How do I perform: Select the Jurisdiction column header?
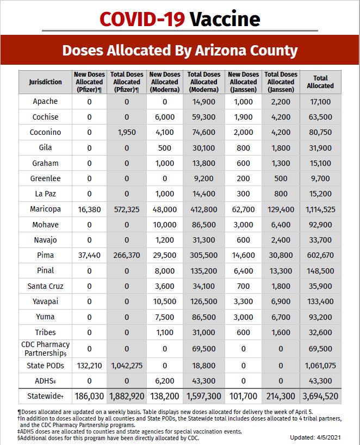pyautogui.click(x=45, y=82)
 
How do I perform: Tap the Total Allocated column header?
pyautogui.click(x=320, y=82)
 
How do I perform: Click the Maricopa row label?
pyautogui.click(x=46, y=209)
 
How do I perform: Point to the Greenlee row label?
pyautogui.click(x=46, y=178)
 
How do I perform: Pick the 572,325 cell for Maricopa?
pyautogui.click(x=127, y=209)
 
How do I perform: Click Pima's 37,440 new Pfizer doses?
pyautogui.click(x=89, y=255)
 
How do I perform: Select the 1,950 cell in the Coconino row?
pyautogui.click(x=127, y=132)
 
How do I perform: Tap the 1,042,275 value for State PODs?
pyautogui.click(x=127, y=366)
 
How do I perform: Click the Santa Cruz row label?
pyautogui.click(x=46, y=286)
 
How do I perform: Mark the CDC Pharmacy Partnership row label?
pyautogui.click(x=46, y=348)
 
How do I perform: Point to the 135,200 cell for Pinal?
pyautogui.click(x=204, y=270)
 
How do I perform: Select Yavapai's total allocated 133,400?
pyautogui.click(x=320, y=301)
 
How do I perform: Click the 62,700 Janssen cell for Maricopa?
pyautogui.click(x=243, y=209)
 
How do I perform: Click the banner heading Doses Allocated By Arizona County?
pyautogui.click(x=179, y=51)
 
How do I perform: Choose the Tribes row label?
pyautogui.click(x=46, y=332)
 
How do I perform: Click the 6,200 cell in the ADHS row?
pyautogui.click(x=165, y=381)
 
